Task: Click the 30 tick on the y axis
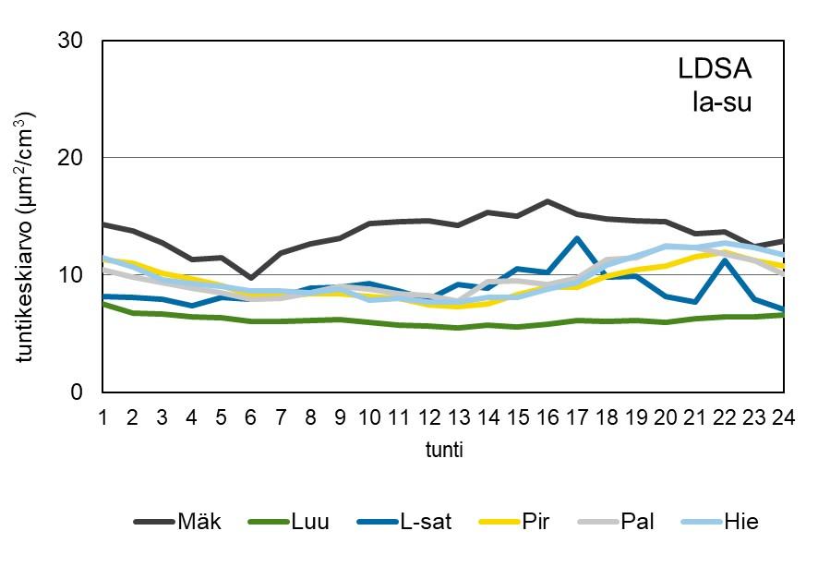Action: [71, 42]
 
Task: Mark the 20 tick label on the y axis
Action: [71, 159]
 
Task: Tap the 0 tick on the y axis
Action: [78, 392]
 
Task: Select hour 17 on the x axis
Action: [576, 417]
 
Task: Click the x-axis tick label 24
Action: [784, 417]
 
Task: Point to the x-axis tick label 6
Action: [250, 417]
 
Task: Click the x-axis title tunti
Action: [443, 451]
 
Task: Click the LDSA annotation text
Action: [715, 69]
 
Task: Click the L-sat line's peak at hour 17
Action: [576, 238]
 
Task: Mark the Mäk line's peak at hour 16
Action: [547, 201]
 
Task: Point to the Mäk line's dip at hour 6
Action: [250, 277]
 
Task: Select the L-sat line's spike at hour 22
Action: [725, 260]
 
